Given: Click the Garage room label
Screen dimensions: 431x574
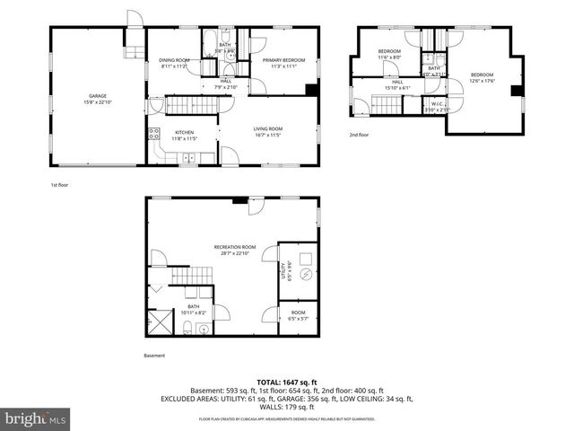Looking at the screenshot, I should (98, 98).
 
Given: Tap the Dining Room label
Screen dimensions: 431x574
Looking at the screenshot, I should (173, 63).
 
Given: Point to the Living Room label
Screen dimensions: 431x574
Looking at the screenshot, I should (268, 131).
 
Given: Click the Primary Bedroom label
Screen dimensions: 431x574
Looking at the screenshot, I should (283, 63).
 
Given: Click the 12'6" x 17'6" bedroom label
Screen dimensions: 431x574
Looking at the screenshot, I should (482, 77).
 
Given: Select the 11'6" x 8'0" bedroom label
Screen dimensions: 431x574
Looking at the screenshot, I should (388, 54).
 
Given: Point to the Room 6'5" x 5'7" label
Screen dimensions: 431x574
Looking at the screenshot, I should (297, 317).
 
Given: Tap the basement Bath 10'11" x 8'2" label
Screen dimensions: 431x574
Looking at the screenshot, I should (194, 310).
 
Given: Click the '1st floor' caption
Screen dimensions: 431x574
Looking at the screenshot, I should (59, 184).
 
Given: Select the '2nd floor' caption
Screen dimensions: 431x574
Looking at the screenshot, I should (359, 136).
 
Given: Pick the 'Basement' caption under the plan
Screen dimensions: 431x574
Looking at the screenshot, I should (154, 356).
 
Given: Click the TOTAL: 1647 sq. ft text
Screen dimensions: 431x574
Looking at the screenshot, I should (286, 383).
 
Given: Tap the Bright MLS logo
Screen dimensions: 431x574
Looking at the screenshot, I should (36, 419).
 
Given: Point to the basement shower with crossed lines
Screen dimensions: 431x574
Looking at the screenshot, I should (160, 321).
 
